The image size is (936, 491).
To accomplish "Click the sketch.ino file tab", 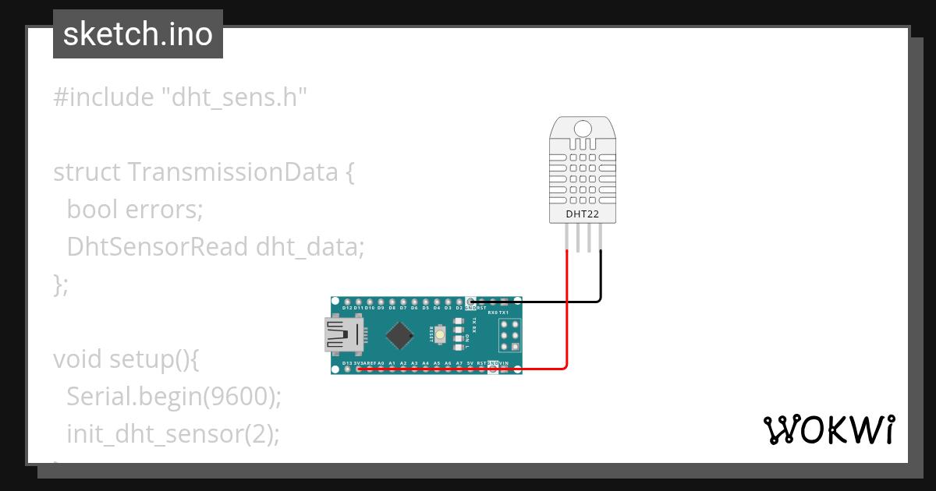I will (138, 34).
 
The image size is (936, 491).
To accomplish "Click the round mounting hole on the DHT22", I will (581, 129).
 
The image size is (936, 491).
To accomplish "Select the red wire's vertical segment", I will (567, 312).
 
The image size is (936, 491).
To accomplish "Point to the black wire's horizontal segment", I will (538, 301).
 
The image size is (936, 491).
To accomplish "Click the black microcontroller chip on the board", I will (400, 334).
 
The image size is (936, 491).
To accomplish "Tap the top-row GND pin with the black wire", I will (470, 302).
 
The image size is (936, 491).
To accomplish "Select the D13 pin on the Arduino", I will (347, 369).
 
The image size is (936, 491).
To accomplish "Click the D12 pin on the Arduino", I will (347, 302).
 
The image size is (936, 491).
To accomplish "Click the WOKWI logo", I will (828, 429).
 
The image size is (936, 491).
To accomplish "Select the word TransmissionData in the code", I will (232, 172).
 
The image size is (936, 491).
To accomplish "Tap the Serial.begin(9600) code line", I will (173, 397).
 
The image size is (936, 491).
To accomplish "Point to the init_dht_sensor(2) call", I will (172, 433).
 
